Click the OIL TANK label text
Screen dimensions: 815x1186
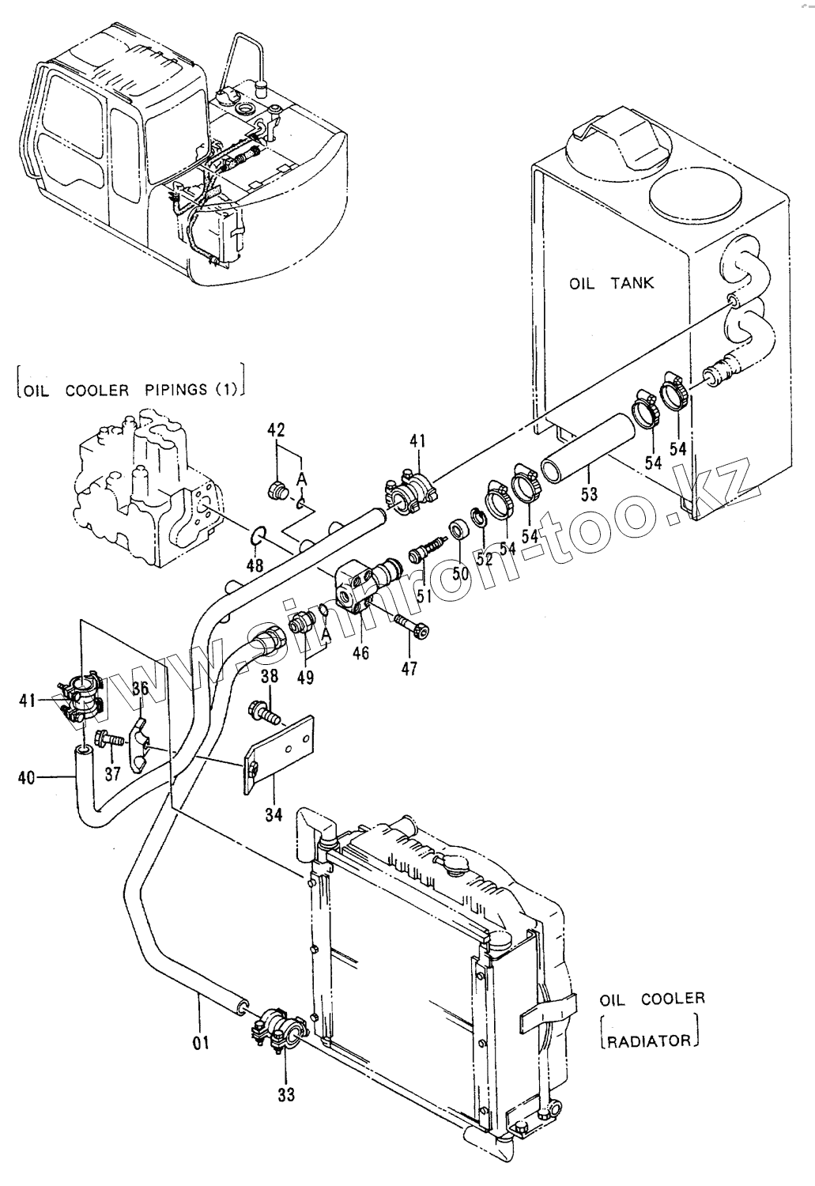(x=611, y=283)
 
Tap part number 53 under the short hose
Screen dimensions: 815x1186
(x=588, y=493)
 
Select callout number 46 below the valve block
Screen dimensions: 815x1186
(x=360, y=653)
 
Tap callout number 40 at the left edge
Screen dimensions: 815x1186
(x=26, y=778)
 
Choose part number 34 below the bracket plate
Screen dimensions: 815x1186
(x=274, y=815)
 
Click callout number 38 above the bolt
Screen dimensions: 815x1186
(x=270, y=676)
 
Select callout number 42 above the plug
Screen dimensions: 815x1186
(x=276, y=429)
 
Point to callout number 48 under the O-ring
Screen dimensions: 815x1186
(x=255, y=565)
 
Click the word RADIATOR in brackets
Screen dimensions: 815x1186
(x=649, y=1041)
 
